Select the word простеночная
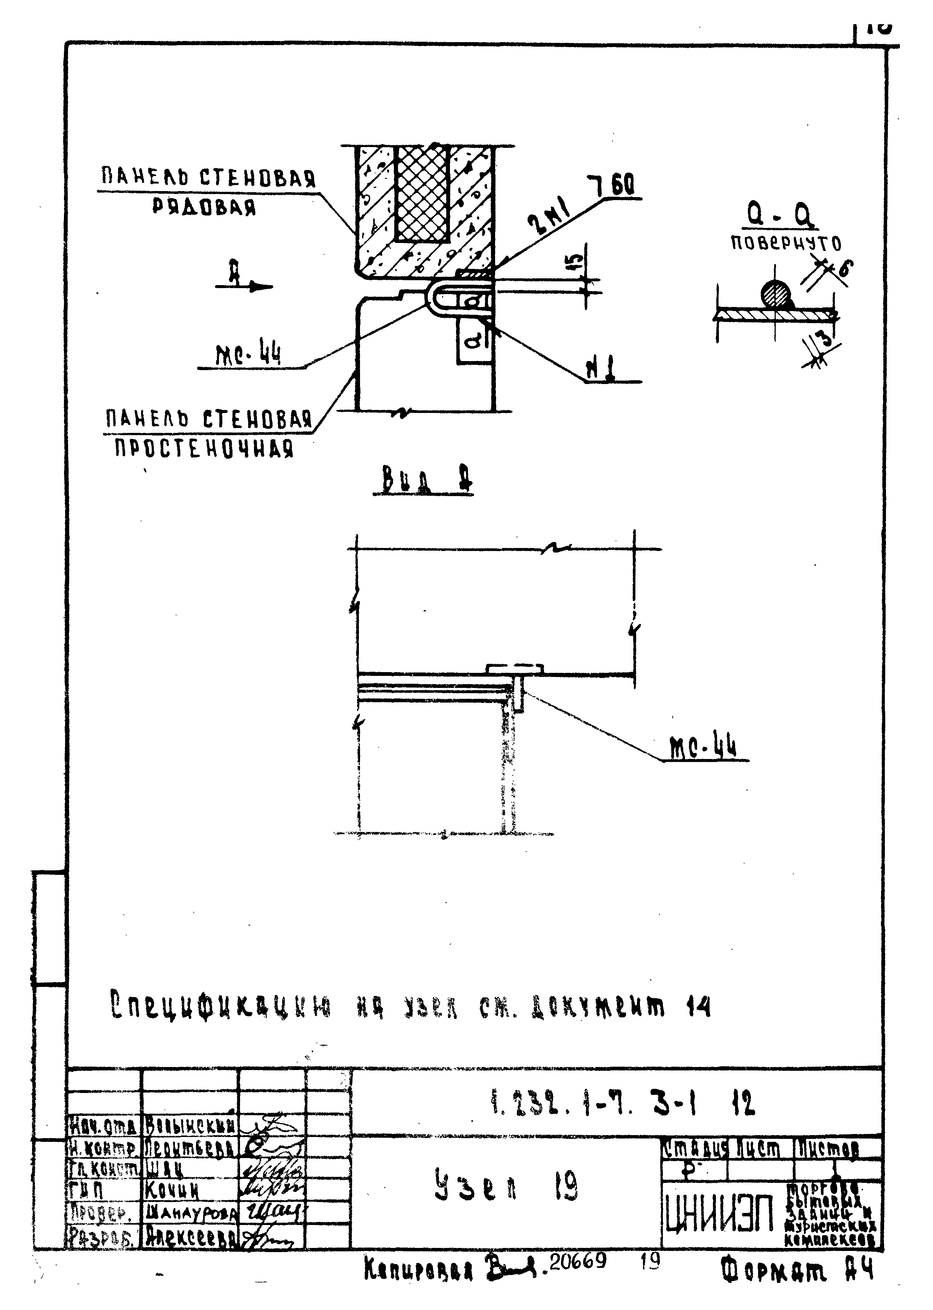(x=204, y=448)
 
